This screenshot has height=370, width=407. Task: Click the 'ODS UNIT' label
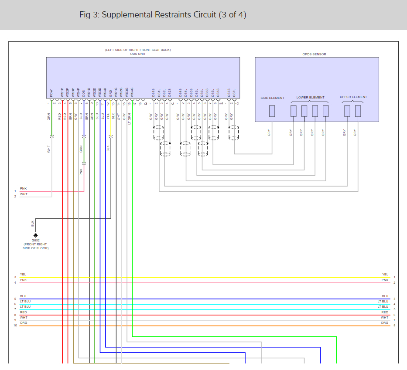(137, 54)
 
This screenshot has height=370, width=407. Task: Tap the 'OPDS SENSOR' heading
(314, 54)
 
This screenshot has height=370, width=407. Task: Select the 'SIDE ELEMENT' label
(272, 98)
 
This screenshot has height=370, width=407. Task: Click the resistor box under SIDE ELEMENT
(272, 111)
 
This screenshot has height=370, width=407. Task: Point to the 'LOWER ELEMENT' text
(310, 97)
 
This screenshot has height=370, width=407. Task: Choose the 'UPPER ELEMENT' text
(353, 97)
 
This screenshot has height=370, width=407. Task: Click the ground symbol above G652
(36, 235)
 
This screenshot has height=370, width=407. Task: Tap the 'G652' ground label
(36, 241)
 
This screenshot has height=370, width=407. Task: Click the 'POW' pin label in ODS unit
(51, 93)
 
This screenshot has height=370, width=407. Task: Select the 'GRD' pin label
(111, 93)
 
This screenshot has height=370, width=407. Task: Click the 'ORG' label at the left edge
(24, 323)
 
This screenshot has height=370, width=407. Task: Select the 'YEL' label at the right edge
(385, 275)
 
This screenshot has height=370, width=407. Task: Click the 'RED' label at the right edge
(385, 312)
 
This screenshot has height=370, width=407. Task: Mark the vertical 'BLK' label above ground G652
(32, 223)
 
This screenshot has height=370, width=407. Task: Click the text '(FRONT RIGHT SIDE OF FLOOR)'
(36, 247)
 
